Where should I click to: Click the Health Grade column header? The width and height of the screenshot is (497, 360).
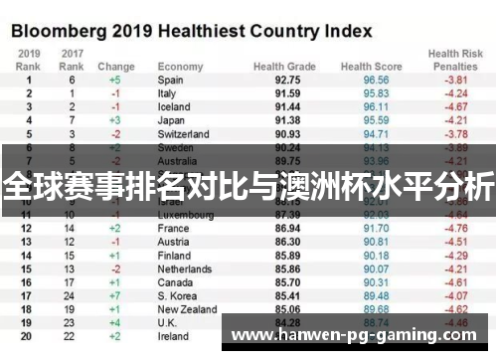tap(284, 67)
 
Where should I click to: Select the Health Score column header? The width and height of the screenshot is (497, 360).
tap(370, 67)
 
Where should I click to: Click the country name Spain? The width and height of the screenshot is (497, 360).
tap(170, 80)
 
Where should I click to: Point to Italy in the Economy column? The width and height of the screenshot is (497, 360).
tap(167, 92)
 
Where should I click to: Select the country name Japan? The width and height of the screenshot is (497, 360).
tap(170, 119)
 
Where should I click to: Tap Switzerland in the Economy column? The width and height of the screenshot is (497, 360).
tap(183, 133)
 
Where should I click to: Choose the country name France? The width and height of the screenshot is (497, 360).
tap(172, 228)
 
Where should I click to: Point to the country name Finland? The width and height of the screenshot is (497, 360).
tap(173, 255)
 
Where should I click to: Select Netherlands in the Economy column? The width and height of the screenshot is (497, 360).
tap(185, 268)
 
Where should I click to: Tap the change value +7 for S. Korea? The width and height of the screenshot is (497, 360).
tap(116, 294)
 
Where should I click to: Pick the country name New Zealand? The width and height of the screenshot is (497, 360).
tap(186, 308)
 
